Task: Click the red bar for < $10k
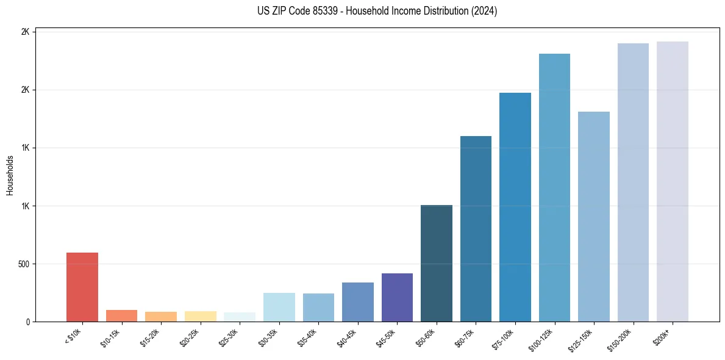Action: click(x=82, y=287)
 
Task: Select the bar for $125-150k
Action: click(x=594, y=217)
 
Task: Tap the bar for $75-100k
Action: click(x=515, y=207)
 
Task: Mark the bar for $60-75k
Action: click(x=476, y=229)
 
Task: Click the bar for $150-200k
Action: click(x=633, y=182)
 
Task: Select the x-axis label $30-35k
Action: click(x=269, y=337)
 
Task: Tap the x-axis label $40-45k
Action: click(x=348, y=337)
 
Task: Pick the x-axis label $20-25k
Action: click(x=190, y=337)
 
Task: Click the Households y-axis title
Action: click(x=10, y=175)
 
